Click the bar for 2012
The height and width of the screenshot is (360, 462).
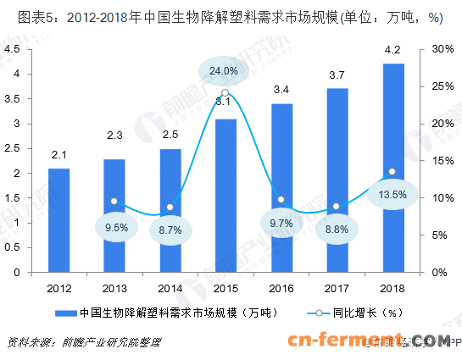tap(58, 220)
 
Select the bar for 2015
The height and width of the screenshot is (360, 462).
tap(225, 196)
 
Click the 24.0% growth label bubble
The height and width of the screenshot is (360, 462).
tap(225, 70)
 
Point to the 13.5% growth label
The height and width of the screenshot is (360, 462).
tap(392, 194)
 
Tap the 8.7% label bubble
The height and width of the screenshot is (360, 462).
tap(170, 230)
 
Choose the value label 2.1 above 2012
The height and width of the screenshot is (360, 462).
tap(58, 154)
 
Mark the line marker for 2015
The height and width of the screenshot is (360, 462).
tap(225, 92)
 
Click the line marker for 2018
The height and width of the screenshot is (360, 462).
tap(392, 171)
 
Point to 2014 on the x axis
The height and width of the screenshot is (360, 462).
tap(170, 288)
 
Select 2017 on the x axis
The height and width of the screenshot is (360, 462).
tap(337, 288)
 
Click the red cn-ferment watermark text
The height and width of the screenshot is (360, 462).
tap(368, 341)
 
